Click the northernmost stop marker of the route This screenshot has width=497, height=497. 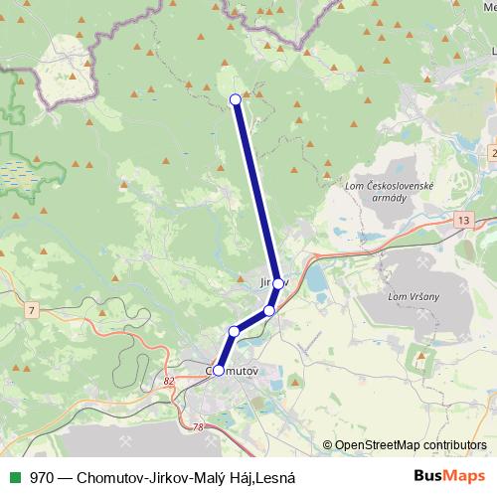click(x=236, y=98)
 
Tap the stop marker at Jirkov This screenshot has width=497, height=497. click(x=278, y=283)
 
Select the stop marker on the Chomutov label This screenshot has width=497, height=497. click(x=219, y=370)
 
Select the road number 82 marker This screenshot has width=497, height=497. click(x=168, y=380)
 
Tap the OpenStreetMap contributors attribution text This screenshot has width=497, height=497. click(x=405, y=445)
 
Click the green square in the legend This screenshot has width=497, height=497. click(x=12, y=478)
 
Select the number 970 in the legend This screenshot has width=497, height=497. click(x=41, y=478)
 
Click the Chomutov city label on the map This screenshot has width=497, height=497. click(x=236, y=371)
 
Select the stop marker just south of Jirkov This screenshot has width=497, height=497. click(x=268, y=311)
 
